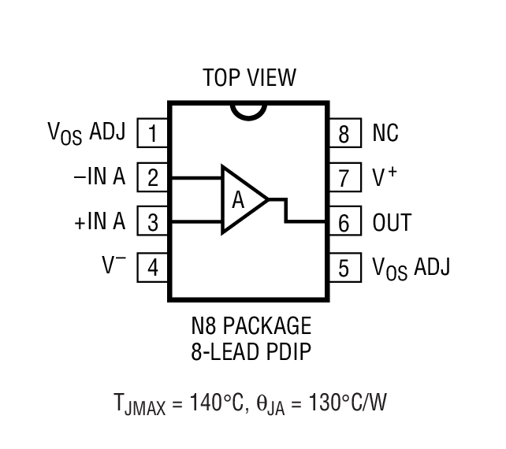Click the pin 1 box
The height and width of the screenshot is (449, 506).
pos(153,133)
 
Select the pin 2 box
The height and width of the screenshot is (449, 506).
pos(153,178)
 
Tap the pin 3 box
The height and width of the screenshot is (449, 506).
pos(153,222)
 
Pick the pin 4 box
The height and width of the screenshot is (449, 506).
pos(153,268)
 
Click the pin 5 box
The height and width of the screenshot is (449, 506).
pos(344,268)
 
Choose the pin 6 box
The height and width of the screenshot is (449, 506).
pos(344,223)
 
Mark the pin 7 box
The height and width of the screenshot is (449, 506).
pos(344,178)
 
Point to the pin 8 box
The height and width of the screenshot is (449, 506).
pos(344,133)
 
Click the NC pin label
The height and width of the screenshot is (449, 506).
pos(386,133)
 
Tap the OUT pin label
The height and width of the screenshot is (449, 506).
pos(392,223)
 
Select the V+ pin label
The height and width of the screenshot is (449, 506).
pos(385,176)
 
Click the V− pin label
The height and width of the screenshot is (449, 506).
pos(113,266)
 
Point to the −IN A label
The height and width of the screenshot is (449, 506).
pos(99,177)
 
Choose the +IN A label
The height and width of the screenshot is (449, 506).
pos(99,222)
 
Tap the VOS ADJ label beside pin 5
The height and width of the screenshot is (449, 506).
pos(411,268)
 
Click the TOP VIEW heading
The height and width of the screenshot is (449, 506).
pos(249,78)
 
